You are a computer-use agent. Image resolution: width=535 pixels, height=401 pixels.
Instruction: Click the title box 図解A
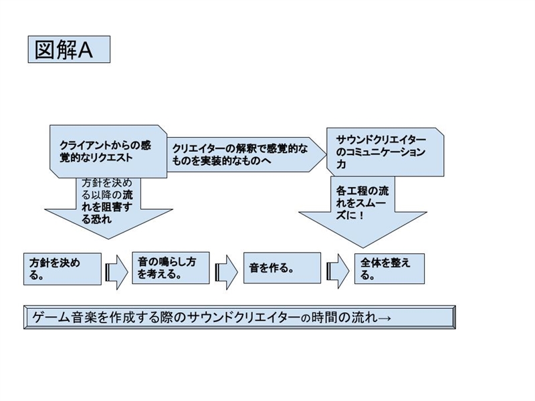click(x=69, y=50)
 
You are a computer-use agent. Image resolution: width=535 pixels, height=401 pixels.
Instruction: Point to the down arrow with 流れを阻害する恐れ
click(x=107, y=207)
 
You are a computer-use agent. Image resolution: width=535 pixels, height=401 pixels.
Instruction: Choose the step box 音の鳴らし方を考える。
click(x=171, y=268)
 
